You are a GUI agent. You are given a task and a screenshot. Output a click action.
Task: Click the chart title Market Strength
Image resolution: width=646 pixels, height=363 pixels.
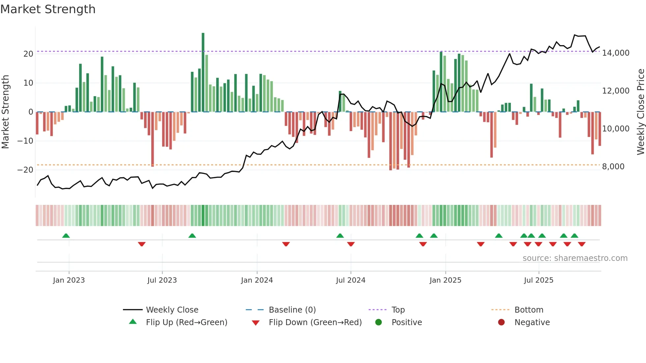tap(48, 9)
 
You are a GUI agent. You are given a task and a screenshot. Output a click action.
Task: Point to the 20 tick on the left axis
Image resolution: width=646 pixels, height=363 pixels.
tap(28, 54)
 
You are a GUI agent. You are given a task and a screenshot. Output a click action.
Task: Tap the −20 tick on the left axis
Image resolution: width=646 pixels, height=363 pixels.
tap(25, 170)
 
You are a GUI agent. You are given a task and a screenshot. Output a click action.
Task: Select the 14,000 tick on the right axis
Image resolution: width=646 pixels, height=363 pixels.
tap(615, 53)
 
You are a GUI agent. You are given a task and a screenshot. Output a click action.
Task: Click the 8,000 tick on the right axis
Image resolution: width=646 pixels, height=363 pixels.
tap(613, 167)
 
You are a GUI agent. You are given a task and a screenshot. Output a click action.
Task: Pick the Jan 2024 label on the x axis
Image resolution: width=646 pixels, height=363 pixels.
tap(257, 280)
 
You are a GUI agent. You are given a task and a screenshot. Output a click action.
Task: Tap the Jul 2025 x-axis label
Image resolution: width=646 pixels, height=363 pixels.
tap(539, 280)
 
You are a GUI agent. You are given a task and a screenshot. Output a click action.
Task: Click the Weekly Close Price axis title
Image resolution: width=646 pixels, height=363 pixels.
tap(640, 112)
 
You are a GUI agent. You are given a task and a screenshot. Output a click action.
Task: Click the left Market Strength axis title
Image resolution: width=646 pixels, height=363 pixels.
tap(5, 112)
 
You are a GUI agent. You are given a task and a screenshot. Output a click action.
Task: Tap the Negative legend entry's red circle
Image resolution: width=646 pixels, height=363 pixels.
tap(501, 322)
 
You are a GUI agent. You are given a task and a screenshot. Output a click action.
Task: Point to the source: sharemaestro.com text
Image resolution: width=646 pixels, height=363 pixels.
tap(575, 258)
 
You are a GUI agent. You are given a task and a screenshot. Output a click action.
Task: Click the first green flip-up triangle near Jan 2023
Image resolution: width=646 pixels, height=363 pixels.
tap(66, 236)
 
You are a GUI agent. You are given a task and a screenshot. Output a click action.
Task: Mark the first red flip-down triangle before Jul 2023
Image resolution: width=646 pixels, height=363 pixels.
tap(142, 244)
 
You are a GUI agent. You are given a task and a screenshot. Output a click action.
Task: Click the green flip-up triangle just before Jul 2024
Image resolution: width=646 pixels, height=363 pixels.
tap(340, 236)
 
